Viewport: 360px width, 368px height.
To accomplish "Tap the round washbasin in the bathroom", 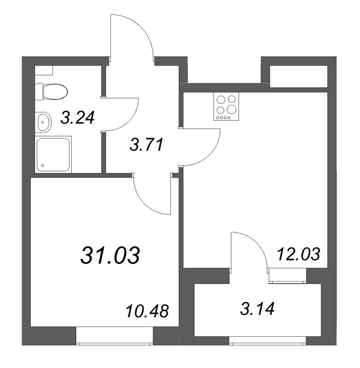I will tap(43, 122).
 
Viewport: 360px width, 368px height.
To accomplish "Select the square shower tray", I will tap(53, 154).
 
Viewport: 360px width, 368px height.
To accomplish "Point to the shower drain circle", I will tap(43, 165).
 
